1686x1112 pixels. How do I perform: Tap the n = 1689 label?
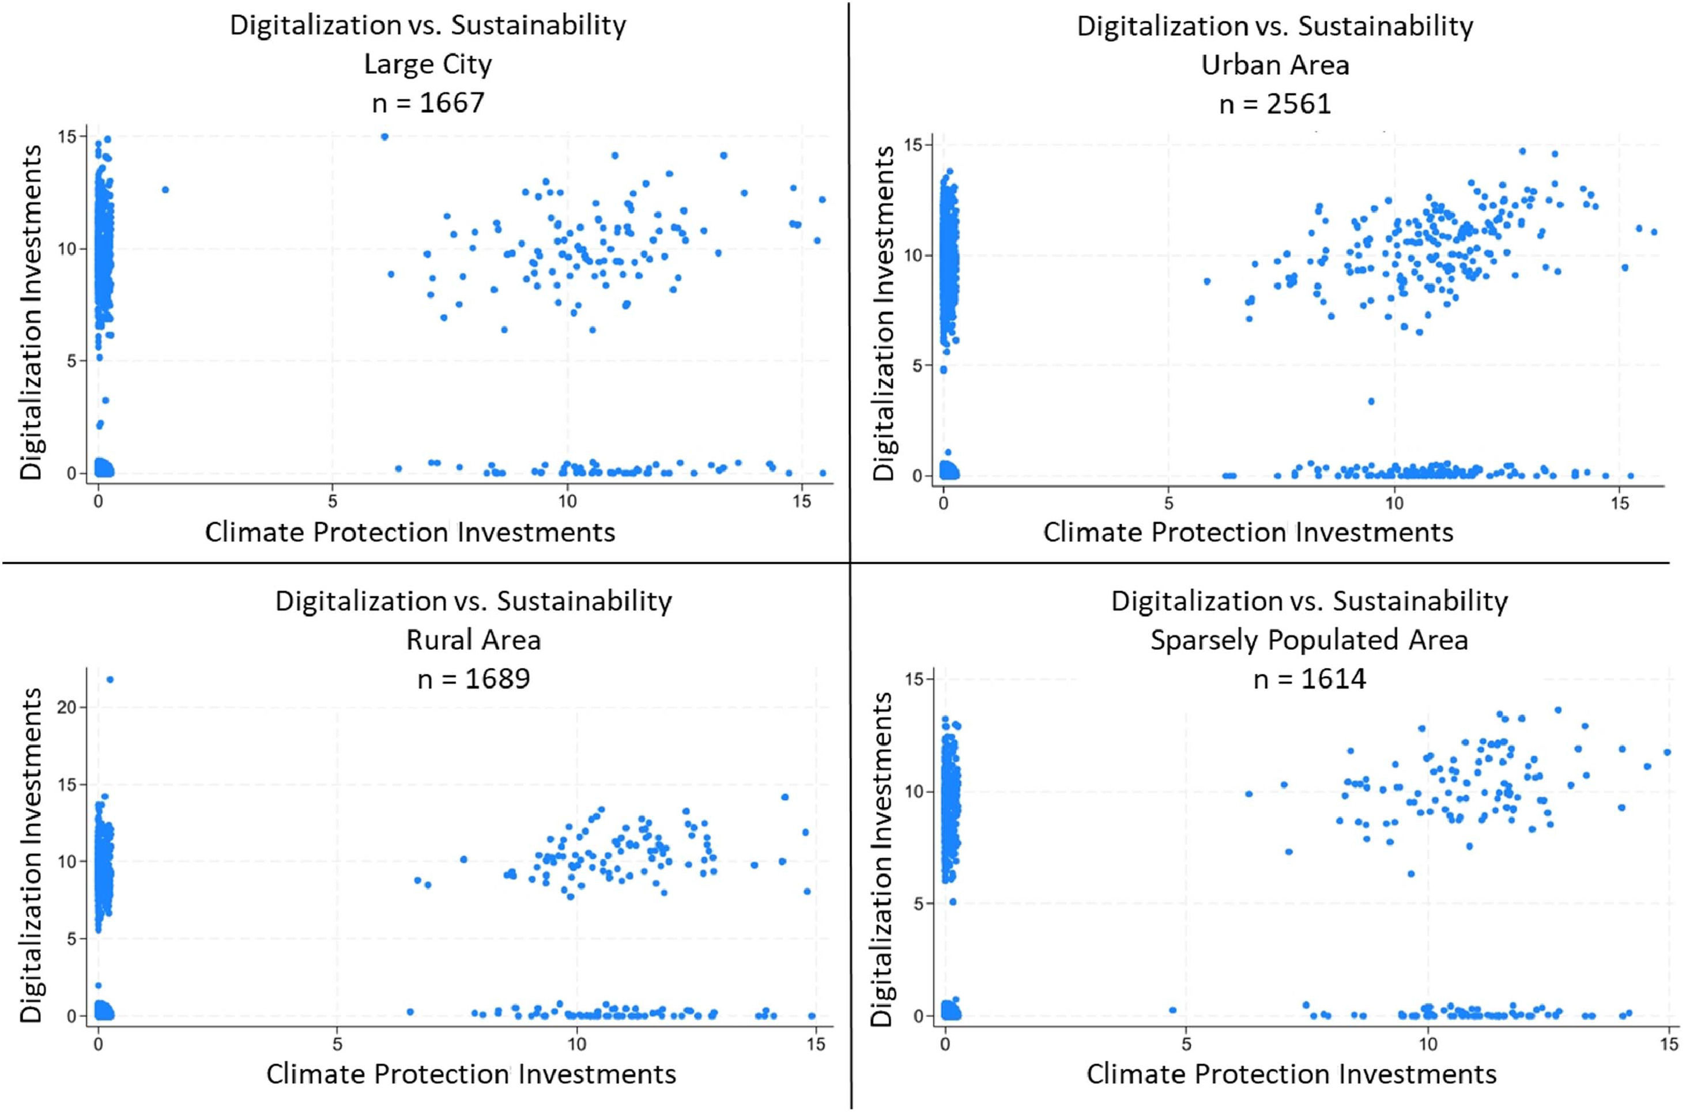tap(473, 679)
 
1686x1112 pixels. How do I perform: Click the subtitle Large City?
tap(428, 65)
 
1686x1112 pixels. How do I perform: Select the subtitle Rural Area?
tap(473, 640)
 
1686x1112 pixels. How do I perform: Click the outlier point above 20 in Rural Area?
tap(110, 679)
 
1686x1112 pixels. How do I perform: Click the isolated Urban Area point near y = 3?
tap(1371, 402)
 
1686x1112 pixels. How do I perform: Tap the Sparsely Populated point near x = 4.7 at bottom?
tap(1172, 1010)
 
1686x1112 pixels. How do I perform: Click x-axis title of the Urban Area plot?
tap(1248, 532)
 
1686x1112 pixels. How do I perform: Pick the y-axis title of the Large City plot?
tap(31, 312)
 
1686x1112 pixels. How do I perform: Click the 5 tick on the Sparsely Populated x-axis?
tap(1186, 1045)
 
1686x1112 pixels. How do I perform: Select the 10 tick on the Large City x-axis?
tap(566, 501)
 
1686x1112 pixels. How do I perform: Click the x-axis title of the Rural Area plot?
tap(471, 1074)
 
